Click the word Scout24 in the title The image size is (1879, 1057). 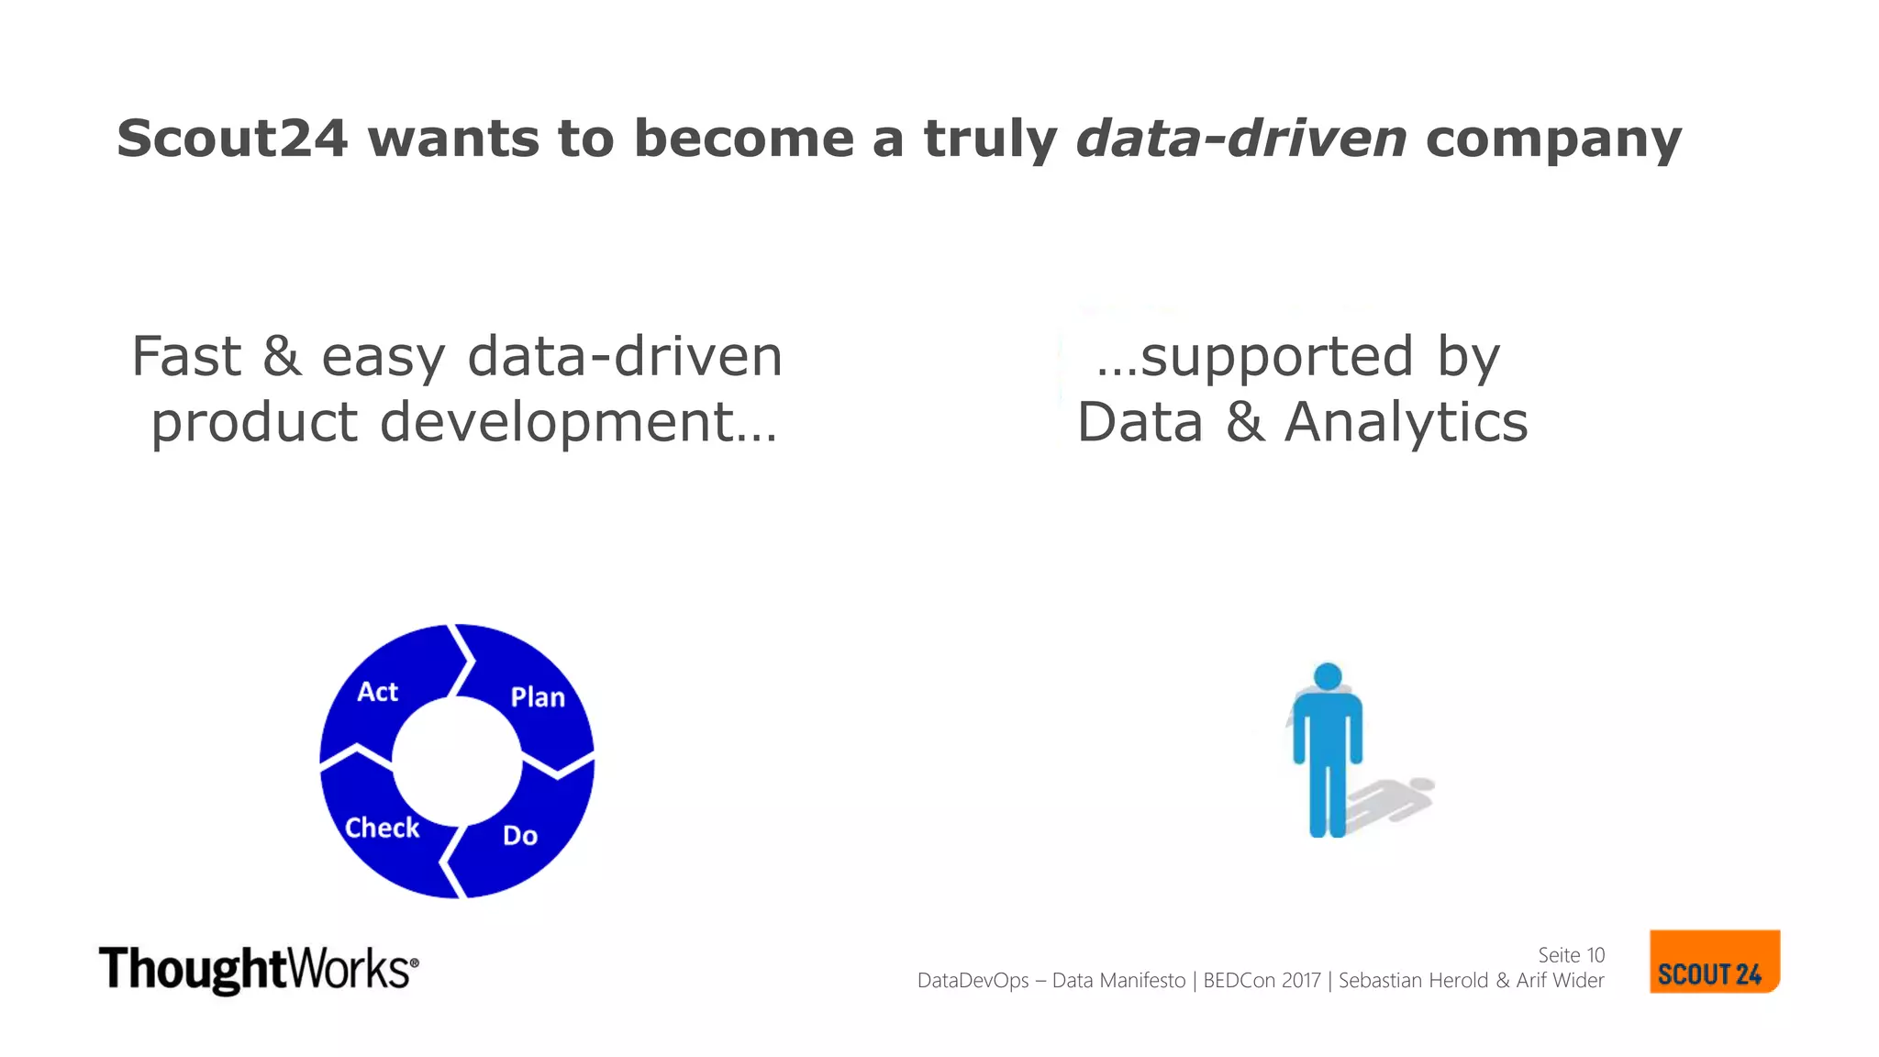[x=232, y=139]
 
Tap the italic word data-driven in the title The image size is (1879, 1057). [x=1240, y=139]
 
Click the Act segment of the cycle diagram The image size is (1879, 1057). [x=377, y=692]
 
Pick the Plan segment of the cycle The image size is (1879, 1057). [x=538, y=697]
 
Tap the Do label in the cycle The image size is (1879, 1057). [x=520, y=836]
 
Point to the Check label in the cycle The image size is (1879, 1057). [x=382, y=828]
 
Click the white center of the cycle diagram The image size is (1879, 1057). [x=457, y=761]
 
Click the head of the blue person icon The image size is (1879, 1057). [x=1328, y=677]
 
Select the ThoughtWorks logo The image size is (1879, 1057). [x=258, y=970]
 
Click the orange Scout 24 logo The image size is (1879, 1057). [x=1713, y=962]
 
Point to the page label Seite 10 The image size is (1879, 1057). [x=1571, y=955]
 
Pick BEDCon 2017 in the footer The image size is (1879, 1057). [x=1262, y=981]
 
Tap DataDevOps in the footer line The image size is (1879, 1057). [x=973, y=981]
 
